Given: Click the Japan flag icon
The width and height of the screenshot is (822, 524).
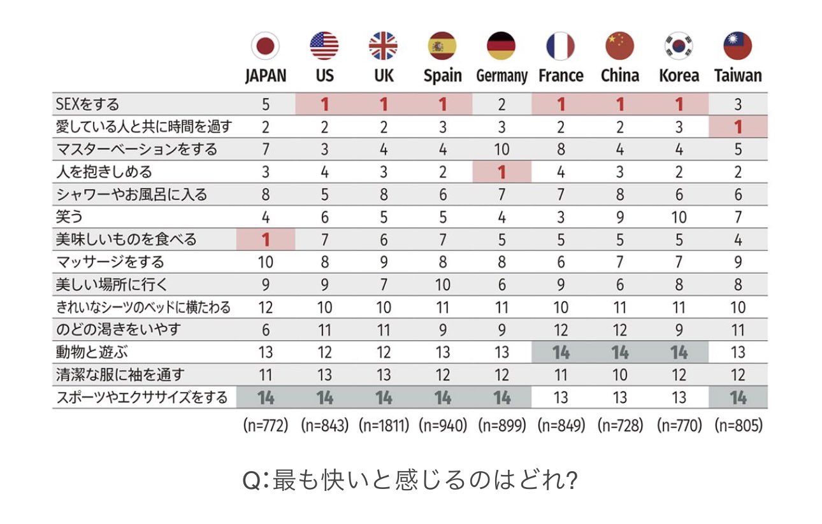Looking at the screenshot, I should tap(265, 46).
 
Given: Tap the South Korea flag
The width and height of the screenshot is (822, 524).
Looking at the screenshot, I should tap(679, 46).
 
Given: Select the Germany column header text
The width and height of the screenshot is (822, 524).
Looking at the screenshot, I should tap(501, 76).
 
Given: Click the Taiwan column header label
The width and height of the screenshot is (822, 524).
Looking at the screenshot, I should tap(738, 75).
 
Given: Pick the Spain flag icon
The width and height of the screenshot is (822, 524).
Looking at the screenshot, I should tap(442, 46).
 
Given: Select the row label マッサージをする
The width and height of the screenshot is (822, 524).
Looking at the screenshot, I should tap(110, 262).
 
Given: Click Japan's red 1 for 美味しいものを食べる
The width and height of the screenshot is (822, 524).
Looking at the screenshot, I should tap(265, 240).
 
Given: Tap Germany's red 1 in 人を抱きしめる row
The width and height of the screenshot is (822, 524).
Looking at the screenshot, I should tap(501, 172).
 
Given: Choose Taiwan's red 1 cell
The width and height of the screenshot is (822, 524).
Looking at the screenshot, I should tap(738, 127).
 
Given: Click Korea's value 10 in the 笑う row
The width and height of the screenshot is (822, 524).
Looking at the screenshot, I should tap(679, 217).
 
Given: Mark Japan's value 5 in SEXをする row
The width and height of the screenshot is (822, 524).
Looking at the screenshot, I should tap(265, 104).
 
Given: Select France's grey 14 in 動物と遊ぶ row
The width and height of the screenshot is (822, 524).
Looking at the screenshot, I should tap(561, 351).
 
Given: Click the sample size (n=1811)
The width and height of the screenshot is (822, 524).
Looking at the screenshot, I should tap(383, 425).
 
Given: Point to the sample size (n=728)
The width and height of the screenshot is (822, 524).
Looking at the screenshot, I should tap(620, 425).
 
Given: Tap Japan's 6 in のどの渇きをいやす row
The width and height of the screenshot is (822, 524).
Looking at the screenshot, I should tap(265, 329).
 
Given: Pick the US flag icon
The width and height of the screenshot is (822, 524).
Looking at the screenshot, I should tap(324, 46).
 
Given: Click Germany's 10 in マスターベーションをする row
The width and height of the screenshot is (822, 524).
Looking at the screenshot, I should tap(501, 149).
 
